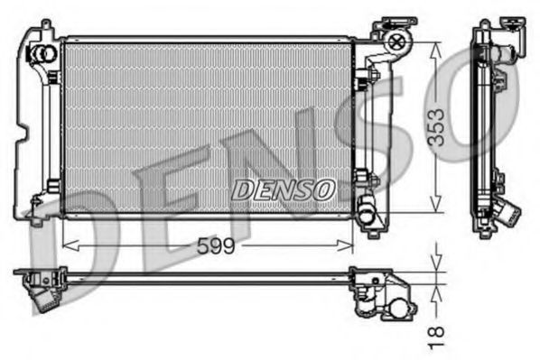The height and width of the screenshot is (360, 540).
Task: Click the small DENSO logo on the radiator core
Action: [x=284, y=188]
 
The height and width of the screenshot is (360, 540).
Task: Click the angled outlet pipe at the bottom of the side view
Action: [x=507, y=215]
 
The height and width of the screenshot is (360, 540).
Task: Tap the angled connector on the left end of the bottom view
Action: [x=41, y=294]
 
